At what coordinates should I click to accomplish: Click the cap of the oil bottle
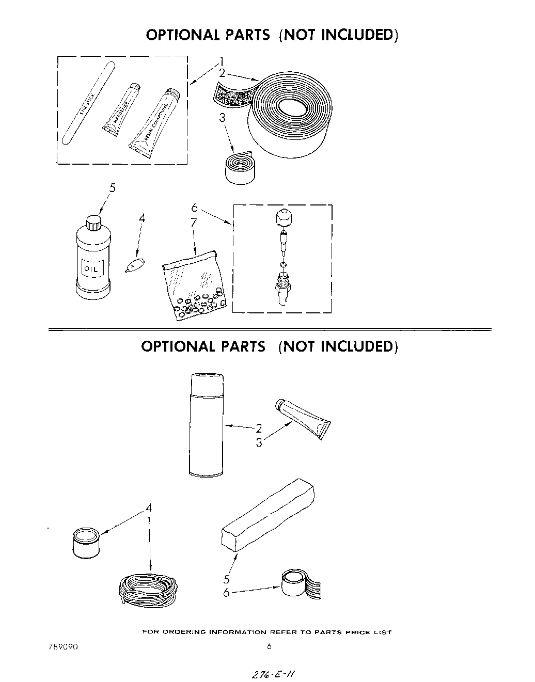93,222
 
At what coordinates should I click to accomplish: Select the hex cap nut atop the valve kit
282,219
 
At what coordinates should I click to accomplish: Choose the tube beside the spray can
304,418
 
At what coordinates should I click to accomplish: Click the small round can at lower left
86,542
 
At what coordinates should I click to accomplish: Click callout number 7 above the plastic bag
194,223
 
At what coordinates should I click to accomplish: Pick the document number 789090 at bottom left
63,646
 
